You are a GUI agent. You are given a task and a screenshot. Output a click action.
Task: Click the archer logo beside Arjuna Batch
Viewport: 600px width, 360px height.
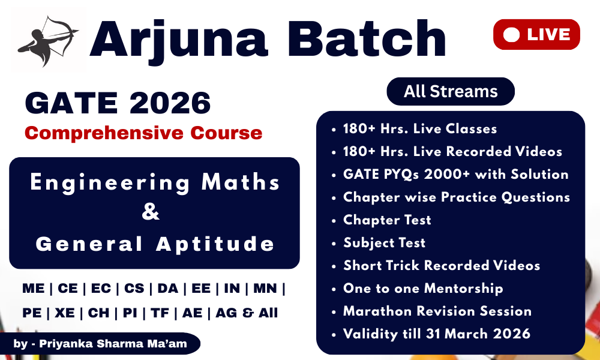coord(48,41)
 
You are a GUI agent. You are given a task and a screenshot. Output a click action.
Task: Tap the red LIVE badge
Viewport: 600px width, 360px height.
coord(536,34)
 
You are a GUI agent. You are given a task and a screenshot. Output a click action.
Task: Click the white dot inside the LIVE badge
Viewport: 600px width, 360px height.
coord(511,35)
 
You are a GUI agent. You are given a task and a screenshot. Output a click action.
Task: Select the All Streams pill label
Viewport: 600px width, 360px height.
coord(451,91)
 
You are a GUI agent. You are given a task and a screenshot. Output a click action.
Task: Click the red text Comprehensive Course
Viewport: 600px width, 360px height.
coord(143,133)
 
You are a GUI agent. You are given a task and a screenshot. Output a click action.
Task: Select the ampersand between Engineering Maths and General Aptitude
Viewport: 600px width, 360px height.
coord(151,213)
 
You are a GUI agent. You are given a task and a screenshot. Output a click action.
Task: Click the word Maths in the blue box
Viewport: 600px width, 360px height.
coord(241,182)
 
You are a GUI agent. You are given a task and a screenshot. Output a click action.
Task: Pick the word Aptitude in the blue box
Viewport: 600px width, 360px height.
coord(215,244)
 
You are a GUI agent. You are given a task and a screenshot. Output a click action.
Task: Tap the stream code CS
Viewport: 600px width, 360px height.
coord(134,289)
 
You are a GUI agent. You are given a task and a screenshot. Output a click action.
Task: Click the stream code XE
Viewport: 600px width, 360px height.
coord(65,313)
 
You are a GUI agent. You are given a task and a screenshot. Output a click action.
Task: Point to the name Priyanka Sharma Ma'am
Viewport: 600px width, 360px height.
coord(113,344)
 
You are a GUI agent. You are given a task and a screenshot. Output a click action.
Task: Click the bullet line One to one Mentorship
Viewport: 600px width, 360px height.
coord(423,288)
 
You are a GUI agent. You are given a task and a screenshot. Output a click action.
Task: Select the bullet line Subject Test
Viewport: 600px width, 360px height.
coord(384,242)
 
